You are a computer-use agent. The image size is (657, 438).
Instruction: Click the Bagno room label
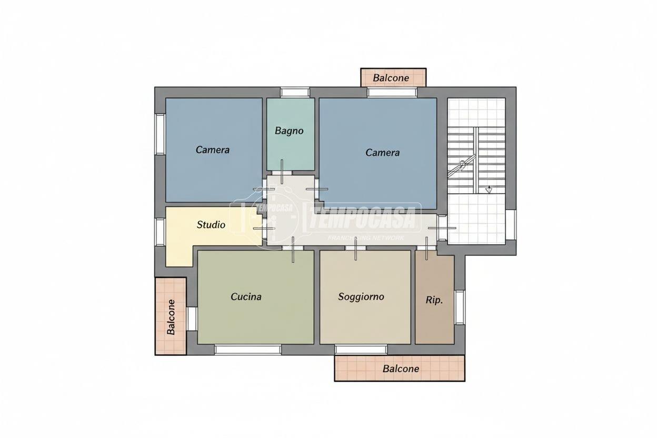pos(289,131)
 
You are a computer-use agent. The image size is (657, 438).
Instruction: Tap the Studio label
pos(211,225)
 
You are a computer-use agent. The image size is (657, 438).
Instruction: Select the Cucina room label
pos(246,296)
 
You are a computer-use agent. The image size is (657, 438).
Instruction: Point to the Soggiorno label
pos(361,297)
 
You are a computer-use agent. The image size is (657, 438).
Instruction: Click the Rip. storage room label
pos(434,301)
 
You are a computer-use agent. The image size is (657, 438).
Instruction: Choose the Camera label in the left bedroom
pos(212,150)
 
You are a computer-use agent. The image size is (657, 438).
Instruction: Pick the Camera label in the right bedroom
pos(383,153)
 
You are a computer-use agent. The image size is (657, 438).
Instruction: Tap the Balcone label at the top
pos(391,78)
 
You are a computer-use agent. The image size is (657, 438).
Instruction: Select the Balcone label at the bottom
pos(401,369)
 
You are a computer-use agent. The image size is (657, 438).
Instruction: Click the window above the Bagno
pos(295,93)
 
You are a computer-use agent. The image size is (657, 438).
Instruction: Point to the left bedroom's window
pos(160,134)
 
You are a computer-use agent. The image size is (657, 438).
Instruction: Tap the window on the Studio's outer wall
pos(160,232)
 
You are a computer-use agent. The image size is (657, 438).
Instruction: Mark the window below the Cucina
pos(248,350)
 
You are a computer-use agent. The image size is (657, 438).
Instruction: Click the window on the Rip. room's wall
pos(460,307)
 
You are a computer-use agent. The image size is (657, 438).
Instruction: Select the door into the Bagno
pos(282,172)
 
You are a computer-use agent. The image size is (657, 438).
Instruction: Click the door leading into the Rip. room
pos(427,248)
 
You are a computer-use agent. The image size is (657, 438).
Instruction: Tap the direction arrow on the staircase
pos(489,190)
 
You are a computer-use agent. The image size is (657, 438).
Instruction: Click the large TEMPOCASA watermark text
pos(363,218)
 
